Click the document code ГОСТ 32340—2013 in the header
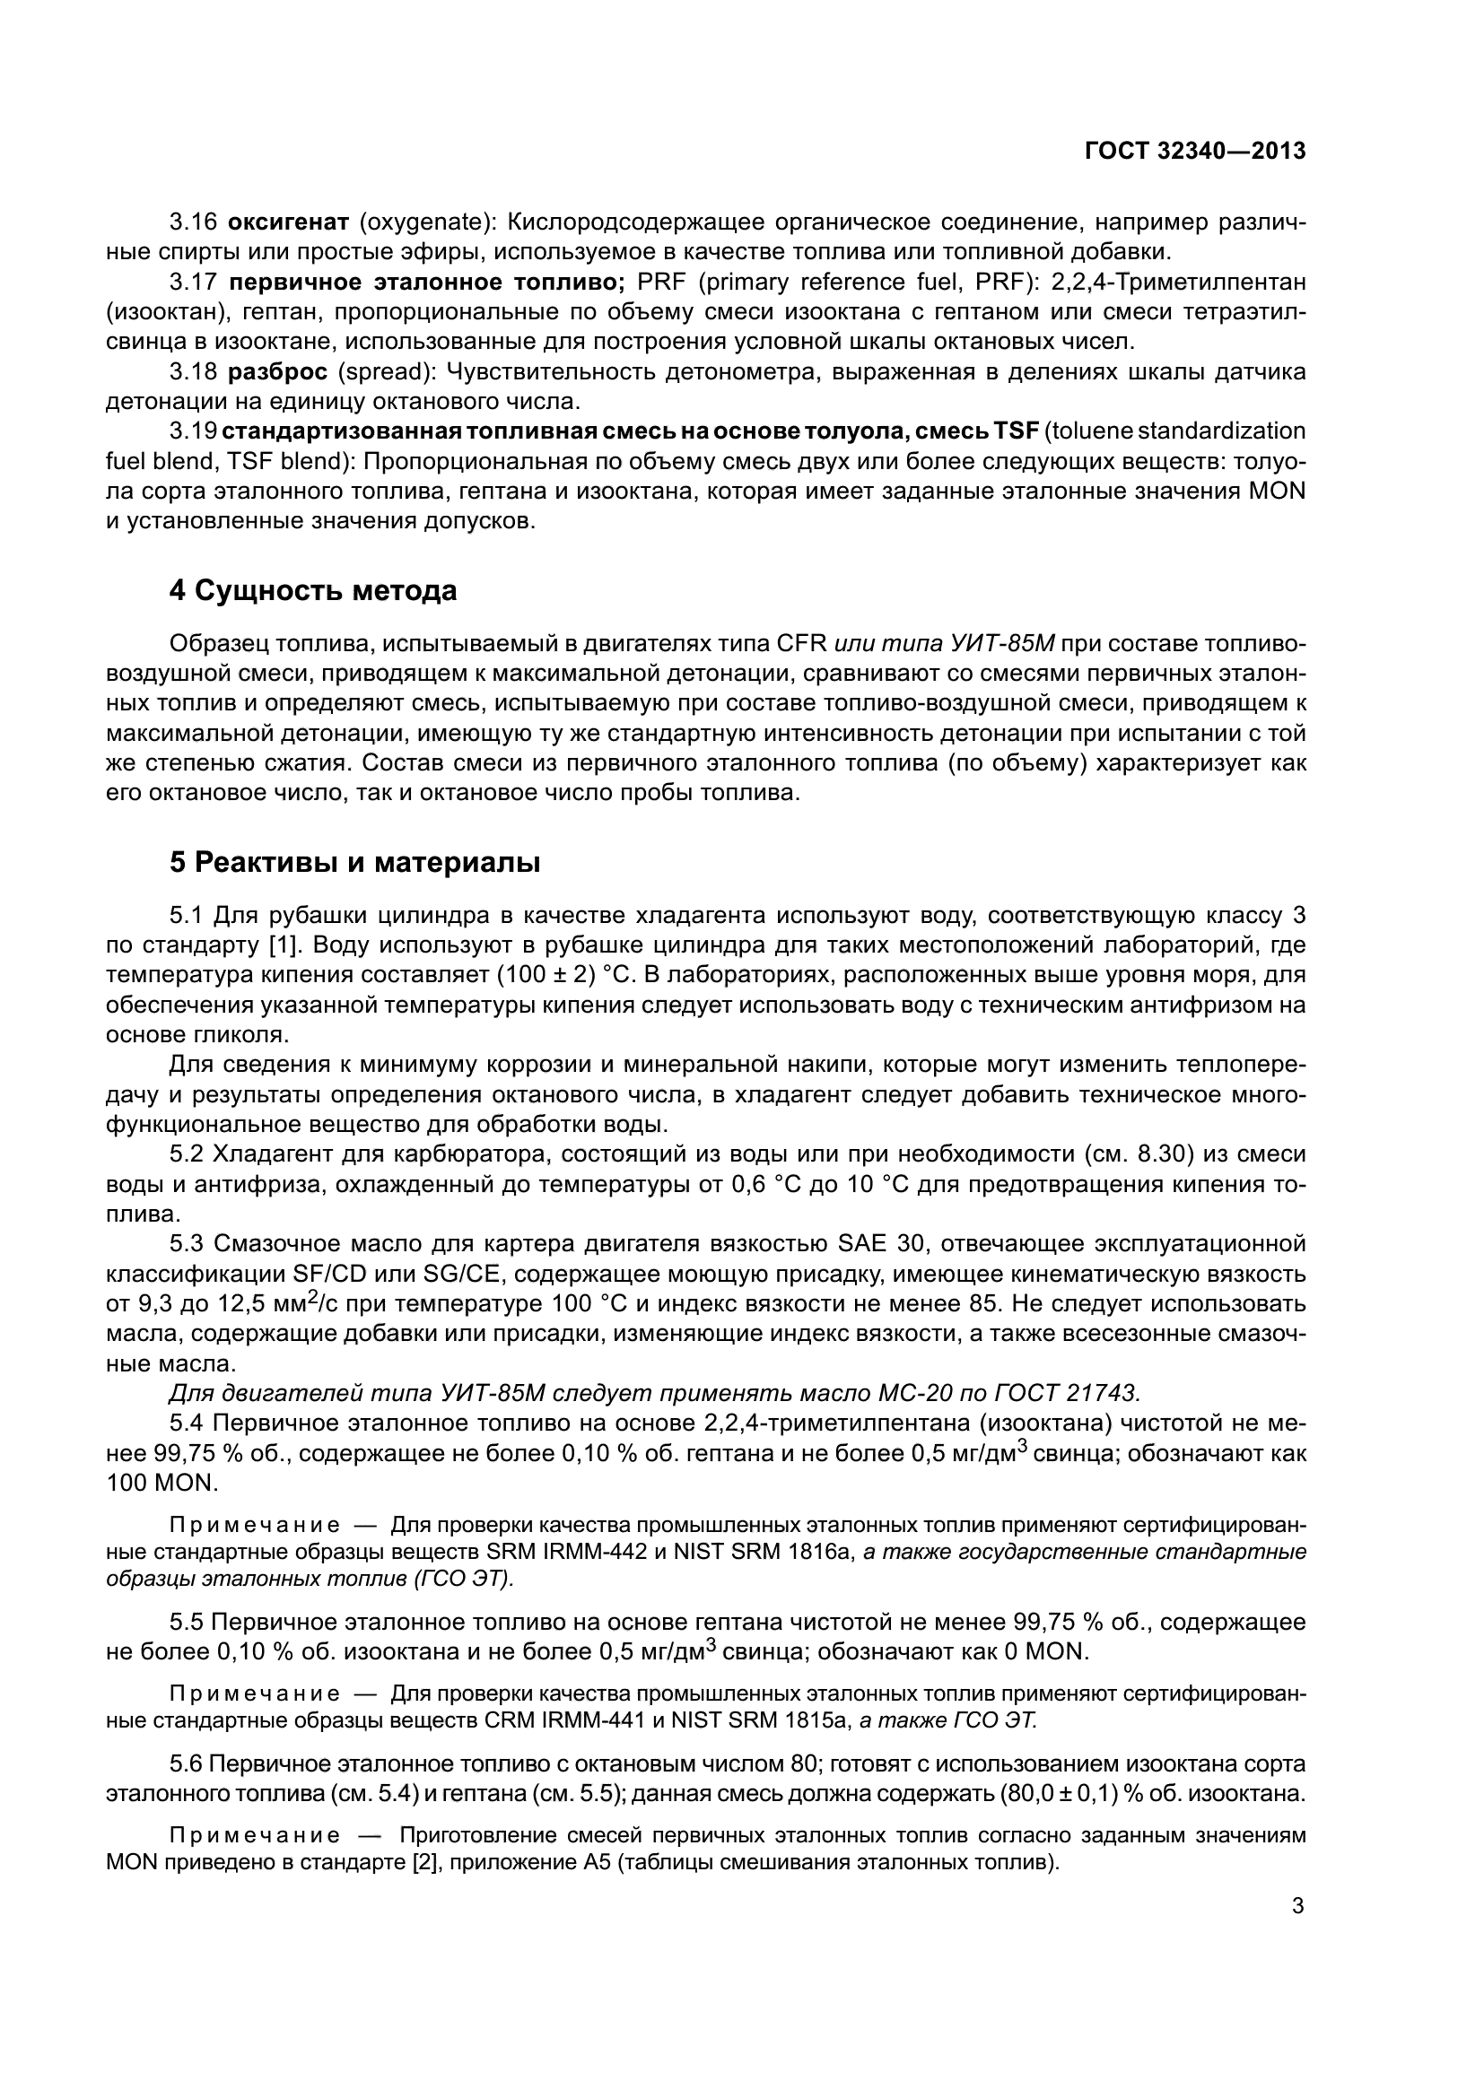1194,151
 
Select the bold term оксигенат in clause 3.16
288,222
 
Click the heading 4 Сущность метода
313,591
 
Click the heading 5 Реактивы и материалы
354,862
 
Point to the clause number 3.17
193,283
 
